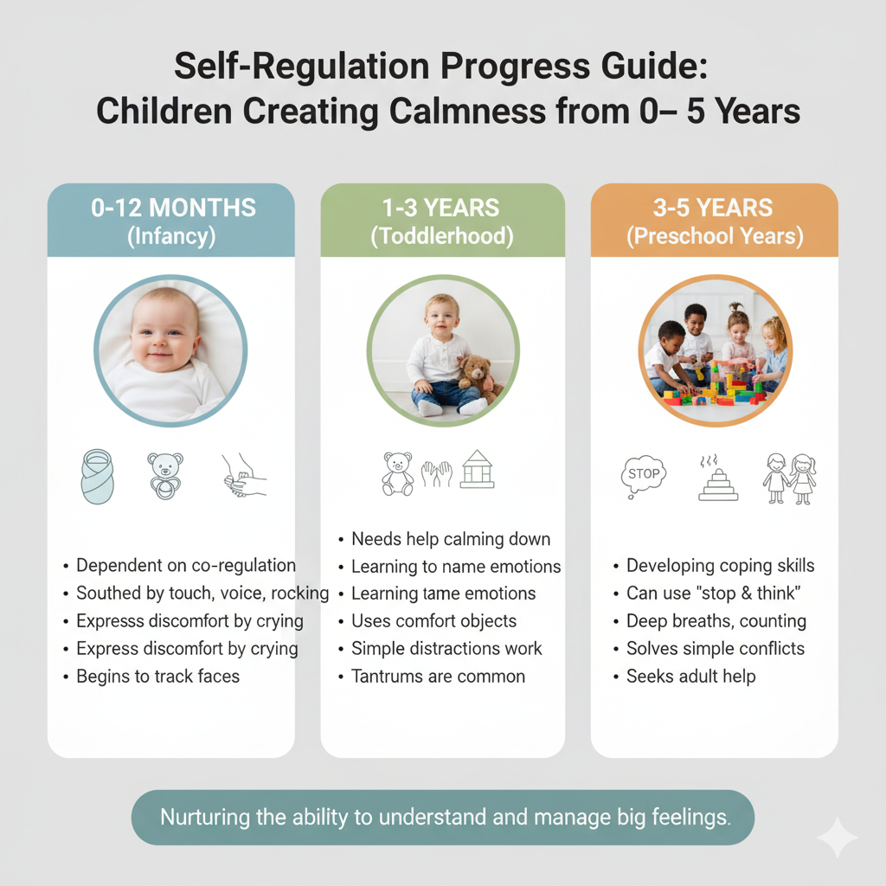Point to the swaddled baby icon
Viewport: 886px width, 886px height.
click(x=97, y=477)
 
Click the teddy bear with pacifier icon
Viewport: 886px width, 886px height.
click(x=165, y=476)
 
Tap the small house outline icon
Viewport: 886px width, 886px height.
click(x=478, y=469)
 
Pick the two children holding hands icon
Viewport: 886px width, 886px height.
click(x=789, y=478)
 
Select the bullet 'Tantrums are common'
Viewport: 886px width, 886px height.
click(x=438, y=677)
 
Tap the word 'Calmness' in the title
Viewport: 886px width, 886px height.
click(x=468, y=111)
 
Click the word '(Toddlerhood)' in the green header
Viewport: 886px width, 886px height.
click(x=442, y=236)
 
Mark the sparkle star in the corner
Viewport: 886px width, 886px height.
click(x=838, y=838)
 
